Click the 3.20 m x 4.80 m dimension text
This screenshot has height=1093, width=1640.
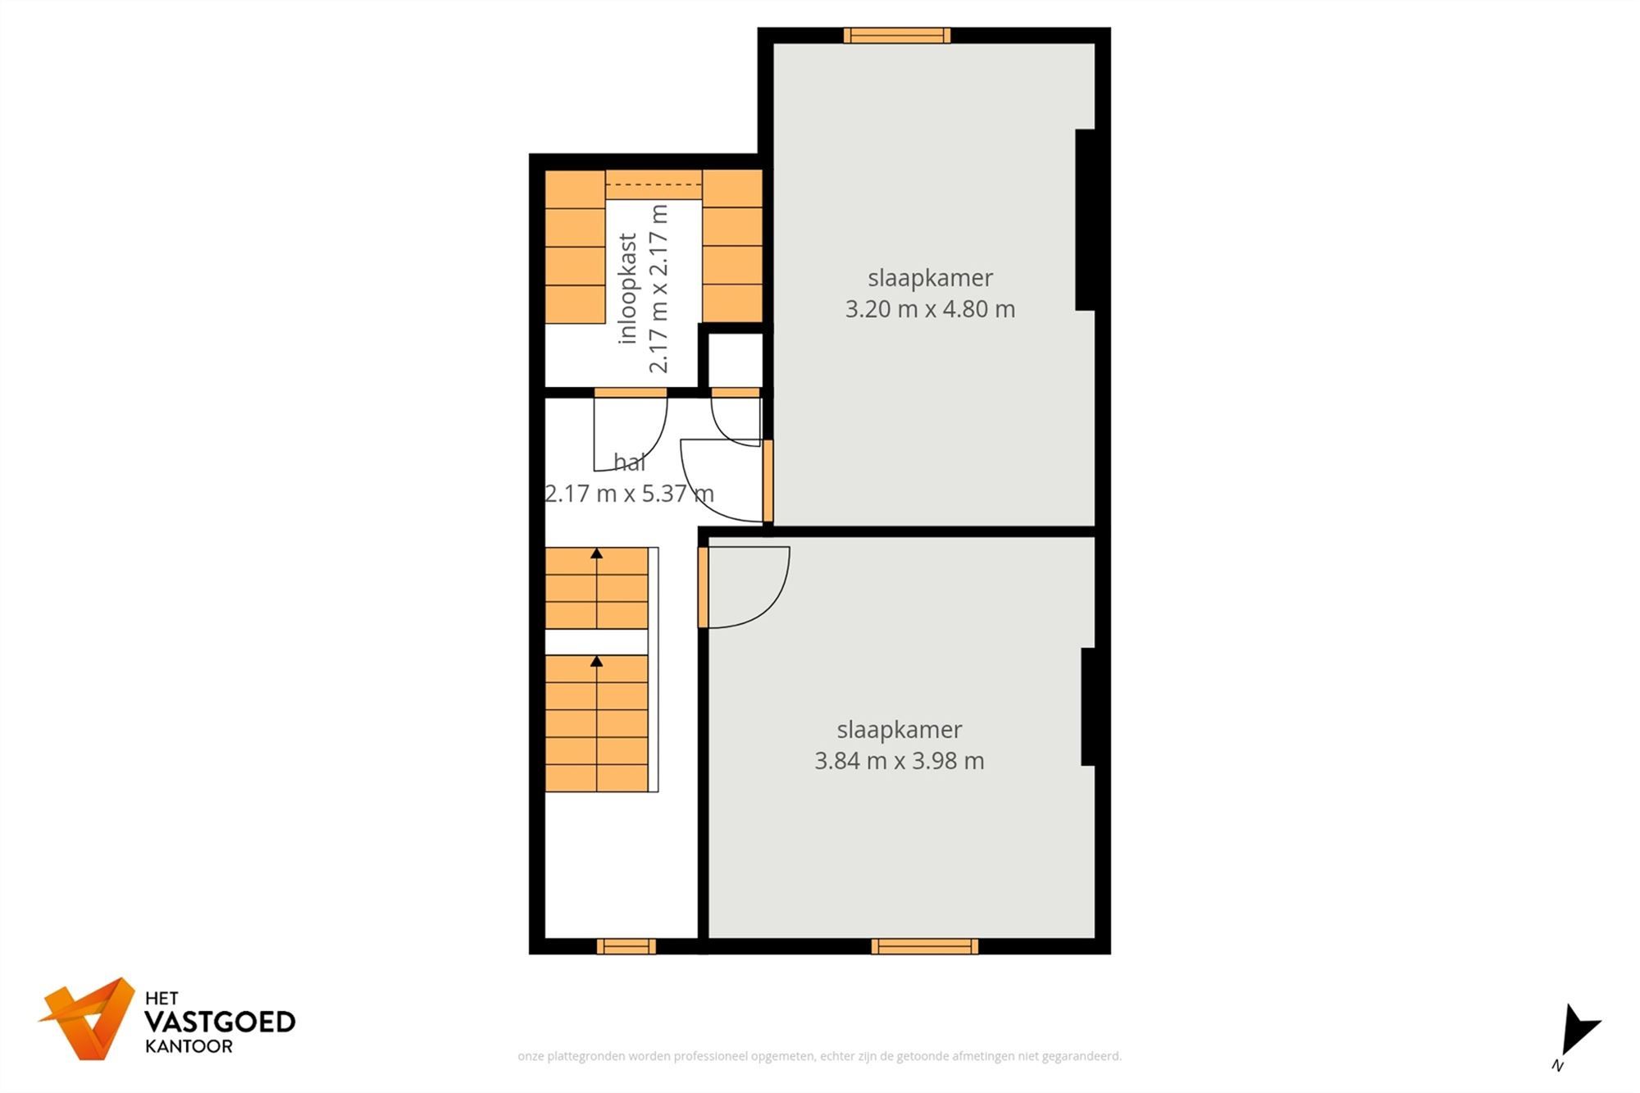tap(930, 309)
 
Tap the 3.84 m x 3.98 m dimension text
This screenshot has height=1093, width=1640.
tap(899, 761)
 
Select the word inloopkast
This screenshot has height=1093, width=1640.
tap(628, 289)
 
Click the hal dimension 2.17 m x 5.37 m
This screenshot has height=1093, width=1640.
tap(629, 494)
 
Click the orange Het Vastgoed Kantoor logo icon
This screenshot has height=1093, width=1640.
tap(89, 1018)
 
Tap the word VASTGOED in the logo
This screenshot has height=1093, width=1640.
tap(220, 1022)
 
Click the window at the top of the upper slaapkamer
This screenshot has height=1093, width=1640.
tap(897, 35)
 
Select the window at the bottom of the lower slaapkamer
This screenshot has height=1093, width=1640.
tap(924, 946)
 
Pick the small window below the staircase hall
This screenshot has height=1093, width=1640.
tap(626, 946)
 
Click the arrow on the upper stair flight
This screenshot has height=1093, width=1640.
tap(597, 554)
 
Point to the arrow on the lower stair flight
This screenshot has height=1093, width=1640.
tap(597, 662)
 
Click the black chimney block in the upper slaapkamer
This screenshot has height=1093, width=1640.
tap(1085, 220)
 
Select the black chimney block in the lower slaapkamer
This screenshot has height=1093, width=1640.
tap(1088, 707)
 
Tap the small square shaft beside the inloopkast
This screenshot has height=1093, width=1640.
tap(735, 359)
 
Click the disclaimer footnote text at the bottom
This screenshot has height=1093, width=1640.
tap(819, 1056)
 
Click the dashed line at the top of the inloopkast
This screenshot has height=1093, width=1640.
tap(654, 185)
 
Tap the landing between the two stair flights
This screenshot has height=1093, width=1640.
tap(597, 642)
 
